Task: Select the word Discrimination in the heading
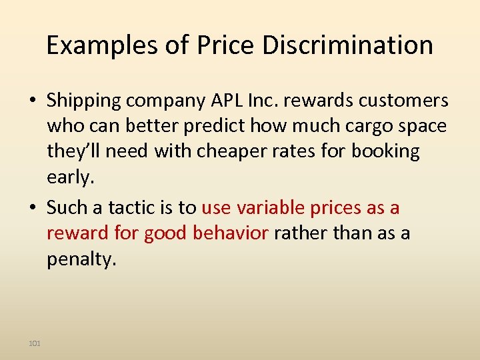point(347,45)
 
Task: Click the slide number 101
point(35,343)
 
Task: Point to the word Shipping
point(83,101)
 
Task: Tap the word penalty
point(81,259)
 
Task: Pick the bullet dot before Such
point(32,208)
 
